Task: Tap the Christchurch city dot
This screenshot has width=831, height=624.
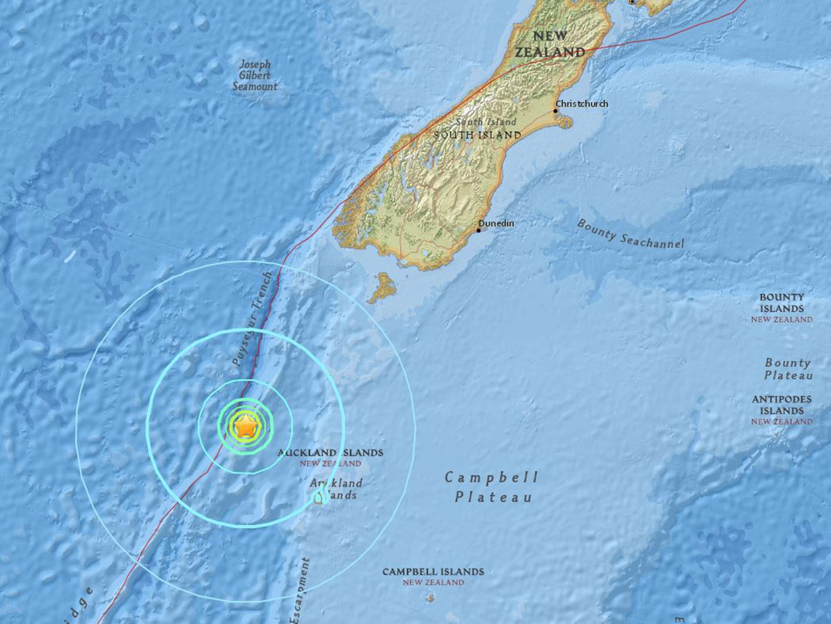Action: (x=555, y=110)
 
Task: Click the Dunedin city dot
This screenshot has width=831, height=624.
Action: (x=479, y=230)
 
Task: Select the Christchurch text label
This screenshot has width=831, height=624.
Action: (x=582, y=104)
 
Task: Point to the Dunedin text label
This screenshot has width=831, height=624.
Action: (x=496, y=223)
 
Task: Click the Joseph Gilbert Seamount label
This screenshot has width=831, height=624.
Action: (x=255, y=76)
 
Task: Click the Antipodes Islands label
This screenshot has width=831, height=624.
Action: (x=781, y=410)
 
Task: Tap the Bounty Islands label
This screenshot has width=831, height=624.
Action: (x=781, y=308)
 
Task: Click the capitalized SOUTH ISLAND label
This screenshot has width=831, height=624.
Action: (x=477, y=135)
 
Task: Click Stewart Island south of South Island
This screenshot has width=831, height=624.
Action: (x=382, y=288)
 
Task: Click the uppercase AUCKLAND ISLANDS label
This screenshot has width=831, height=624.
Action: (x=330, y=452)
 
